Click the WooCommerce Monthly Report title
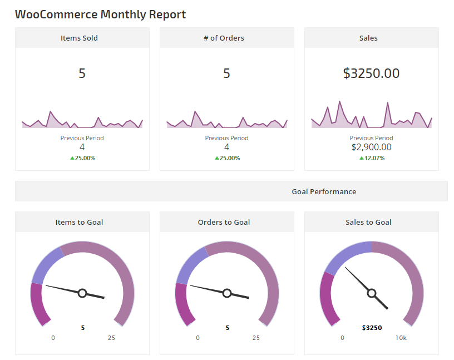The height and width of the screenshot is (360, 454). pyautogui.click(x=100, y=14)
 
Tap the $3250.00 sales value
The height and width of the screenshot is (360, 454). pyautogui.click(x=371, y=73)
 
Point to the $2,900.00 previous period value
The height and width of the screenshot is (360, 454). pyautogui.click(x=371, y=147)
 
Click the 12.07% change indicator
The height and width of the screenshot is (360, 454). pyautogui.click(x=372, y=158)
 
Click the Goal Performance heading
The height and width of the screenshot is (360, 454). pyautogui.click(x=324, y=191)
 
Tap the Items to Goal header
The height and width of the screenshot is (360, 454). pyautogui.click(x=79, y=222)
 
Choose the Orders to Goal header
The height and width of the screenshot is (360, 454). pyautogui.click(x=224, y=222)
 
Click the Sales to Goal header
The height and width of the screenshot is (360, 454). pyautogui.click(x=368, y=222)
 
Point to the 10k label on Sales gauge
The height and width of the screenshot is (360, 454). pyautogui.click(x=401, y=338)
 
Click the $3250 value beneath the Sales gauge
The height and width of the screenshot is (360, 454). pyautogui.click(x=372, y=328)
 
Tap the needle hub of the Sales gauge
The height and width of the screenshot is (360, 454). pyautogui.click(x=372, y=293)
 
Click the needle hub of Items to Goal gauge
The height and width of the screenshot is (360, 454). pyautogui.click(x=82, y=293)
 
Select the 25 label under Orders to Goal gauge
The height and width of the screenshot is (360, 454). pyautogui.click(x=256, y=338)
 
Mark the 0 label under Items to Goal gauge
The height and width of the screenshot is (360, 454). pyautogui.click(x=53, y=338)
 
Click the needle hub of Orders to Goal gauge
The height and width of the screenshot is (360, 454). pyautogui.click(x=227, y=293)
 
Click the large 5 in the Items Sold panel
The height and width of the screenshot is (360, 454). pyautogui.click(x=82, y=73)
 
